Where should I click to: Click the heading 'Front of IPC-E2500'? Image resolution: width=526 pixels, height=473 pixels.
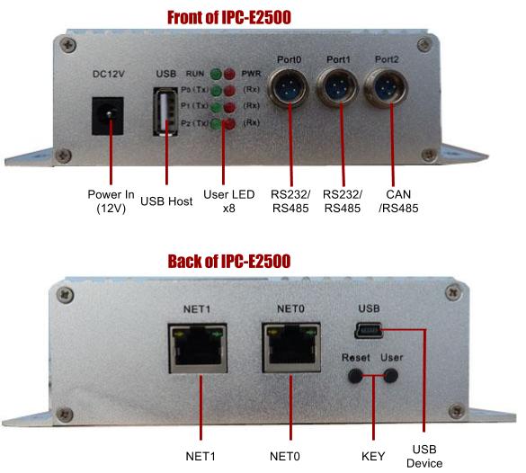click(x=263, y=16)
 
